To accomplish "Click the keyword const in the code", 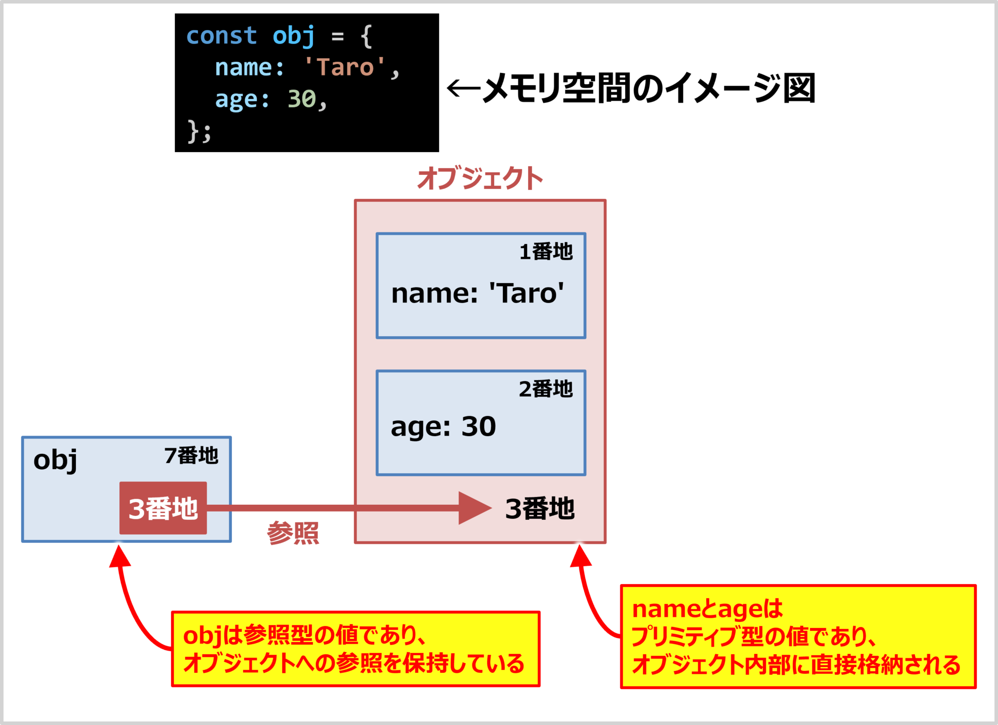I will (x=221, y=36).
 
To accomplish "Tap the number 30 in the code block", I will (x=302, y=99).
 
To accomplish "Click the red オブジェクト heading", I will (x=480, y=178).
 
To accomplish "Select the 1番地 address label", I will (x=546, y=252).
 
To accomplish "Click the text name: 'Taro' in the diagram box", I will (x=478, y=293).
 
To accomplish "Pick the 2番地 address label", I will (x=546, y=389).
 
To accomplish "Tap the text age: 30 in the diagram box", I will (x=443, y=427).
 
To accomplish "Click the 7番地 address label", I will (x=192, y=456).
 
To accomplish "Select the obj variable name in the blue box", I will (x=55, y=460).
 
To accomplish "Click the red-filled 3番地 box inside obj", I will (x=163, y=508).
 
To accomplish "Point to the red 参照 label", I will (x=293, y=533).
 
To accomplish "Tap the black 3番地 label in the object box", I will (x=540, y=509).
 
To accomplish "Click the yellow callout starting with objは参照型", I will (x=356, y=649).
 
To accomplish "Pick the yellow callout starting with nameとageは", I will (x=798, y=637).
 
